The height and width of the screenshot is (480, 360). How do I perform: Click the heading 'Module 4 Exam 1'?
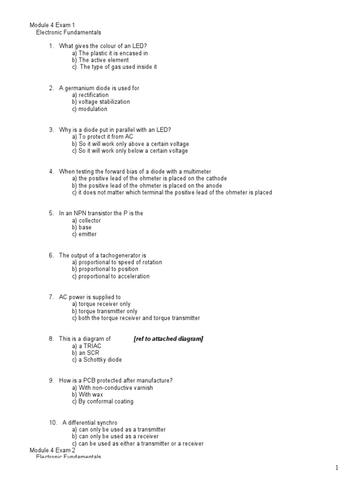[x=52, y=25]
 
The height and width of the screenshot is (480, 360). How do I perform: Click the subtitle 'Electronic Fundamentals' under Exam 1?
[x=68, y=33]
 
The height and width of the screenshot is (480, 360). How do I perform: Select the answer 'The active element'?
[x=104, y=60]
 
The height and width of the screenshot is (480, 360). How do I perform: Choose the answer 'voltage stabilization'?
[x=105, y=102]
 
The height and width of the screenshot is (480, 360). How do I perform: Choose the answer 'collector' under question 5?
[x=90, y=220]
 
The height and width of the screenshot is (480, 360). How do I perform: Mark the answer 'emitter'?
[x=88, y=234]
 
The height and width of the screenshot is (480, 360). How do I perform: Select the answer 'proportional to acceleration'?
[x=114, y=276]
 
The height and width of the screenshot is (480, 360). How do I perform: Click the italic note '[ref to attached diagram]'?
[x=168, y=339]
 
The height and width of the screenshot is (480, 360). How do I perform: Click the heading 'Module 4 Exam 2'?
[x=52, y=450]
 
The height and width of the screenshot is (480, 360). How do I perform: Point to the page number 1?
[x=337, y=467]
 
